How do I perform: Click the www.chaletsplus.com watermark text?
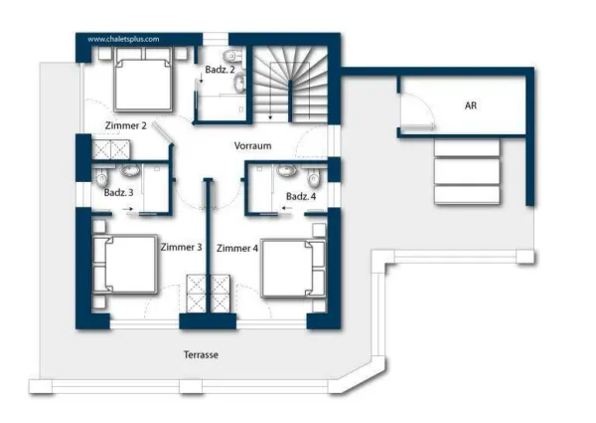click(123, 39)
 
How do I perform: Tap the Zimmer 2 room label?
click(125, 125)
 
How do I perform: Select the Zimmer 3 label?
click(181, 247)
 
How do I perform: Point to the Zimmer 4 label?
click(237, 249)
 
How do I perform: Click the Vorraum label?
click(252, 146)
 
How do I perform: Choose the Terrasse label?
click(201, 355)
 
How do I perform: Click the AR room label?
click(471, 106)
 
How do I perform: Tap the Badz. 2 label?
click(220, 70)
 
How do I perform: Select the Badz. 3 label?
click(118, 193)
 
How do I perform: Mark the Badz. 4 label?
click(301, 196)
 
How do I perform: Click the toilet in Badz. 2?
click(233, 56)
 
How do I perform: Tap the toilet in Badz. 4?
click(313, 178)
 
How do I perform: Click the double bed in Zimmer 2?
click(143, 80)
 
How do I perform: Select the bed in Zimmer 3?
click(125, 265)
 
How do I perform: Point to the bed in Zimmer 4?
click(293, 268)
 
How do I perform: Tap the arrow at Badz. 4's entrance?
click(287, 208)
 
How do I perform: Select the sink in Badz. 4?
click(287, 170)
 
